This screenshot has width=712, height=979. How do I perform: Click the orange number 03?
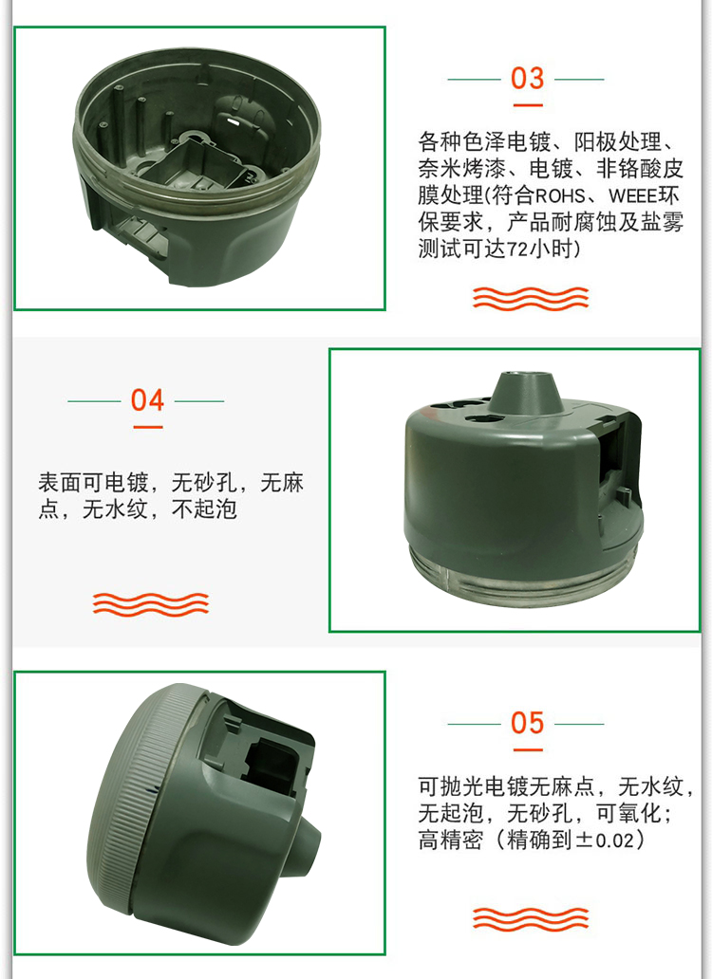coord(527,79)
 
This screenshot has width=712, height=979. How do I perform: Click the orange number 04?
coord(147,400)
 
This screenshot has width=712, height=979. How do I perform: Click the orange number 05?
coord(527,723)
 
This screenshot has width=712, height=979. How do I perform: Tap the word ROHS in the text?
coord(559,196)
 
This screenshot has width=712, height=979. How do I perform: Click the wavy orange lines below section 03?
coord(531,298)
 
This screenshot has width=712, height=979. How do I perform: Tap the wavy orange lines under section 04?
coord(151,603)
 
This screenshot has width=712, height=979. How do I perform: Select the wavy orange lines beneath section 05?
coord(531,919)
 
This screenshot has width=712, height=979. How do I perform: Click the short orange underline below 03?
coord(528,105)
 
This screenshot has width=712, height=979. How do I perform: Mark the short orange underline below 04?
coord(148,427)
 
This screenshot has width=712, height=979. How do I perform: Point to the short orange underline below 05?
coord(528,749)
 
